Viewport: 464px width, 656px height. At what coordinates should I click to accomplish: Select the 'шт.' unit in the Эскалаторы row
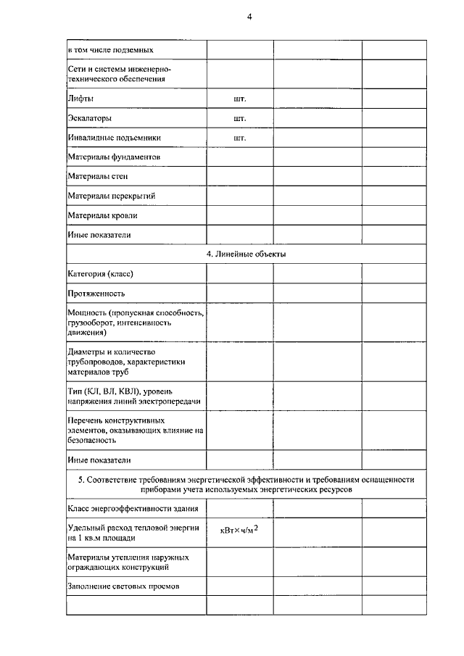tap(240, 117)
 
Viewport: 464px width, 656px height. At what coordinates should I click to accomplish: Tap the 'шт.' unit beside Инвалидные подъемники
tap(240, 137)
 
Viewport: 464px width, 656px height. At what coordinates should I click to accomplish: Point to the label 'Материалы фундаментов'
tap(114, 157)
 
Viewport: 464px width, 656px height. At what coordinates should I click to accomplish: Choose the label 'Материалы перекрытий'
tap(112, 196)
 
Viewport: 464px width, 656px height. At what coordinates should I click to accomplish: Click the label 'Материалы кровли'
tap(102, 215)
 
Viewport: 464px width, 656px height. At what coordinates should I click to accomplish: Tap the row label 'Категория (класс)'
tap(101, 274)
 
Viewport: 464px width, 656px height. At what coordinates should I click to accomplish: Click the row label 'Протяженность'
tap(96, 294)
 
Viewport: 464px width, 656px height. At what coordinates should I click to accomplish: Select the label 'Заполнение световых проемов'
tap(123, 585)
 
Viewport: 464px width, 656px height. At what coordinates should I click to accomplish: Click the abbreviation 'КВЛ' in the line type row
tap(128, 391)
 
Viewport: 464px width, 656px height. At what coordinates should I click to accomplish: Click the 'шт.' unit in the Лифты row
tap(240, 98)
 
